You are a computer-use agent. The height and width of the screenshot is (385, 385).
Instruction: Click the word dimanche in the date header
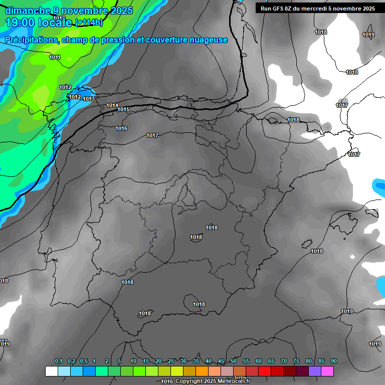[x=27, y=11]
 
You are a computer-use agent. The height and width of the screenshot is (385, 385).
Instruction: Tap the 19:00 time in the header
[x=21, y=23]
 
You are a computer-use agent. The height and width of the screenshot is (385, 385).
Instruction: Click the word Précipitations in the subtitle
[x=31, y=40]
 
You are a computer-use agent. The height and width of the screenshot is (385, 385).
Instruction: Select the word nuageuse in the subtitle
[x=207, y=40]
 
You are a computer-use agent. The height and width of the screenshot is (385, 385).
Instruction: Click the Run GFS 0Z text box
[x=318, y=8]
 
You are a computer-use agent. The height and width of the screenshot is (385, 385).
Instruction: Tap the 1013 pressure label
[x=89, y=99]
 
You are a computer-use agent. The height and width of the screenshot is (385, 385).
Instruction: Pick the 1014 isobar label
[x=112, y=105]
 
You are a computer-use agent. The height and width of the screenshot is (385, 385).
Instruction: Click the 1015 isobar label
[x=123, y=109]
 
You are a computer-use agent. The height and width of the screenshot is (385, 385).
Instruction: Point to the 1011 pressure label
[x=55, y=57]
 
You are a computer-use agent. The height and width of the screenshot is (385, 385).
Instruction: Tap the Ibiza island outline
[x=306, y=243]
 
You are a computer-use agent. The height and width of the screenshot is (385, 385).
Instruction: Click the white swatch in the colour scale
[x=51, y=371]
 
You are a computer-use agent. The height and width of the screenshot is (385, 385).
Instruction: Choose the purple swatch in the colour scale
[x=315, y=371]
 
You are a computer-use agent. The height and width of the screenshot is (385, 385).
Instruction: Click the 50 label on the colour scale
[x=234, y=361]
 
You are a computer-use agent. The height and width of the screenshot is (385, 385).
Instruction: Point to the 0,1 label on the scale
[x=59, y=361]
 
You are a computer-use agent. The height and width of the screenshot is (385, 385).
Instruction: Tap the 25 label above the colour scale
[x=171, y=361]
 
